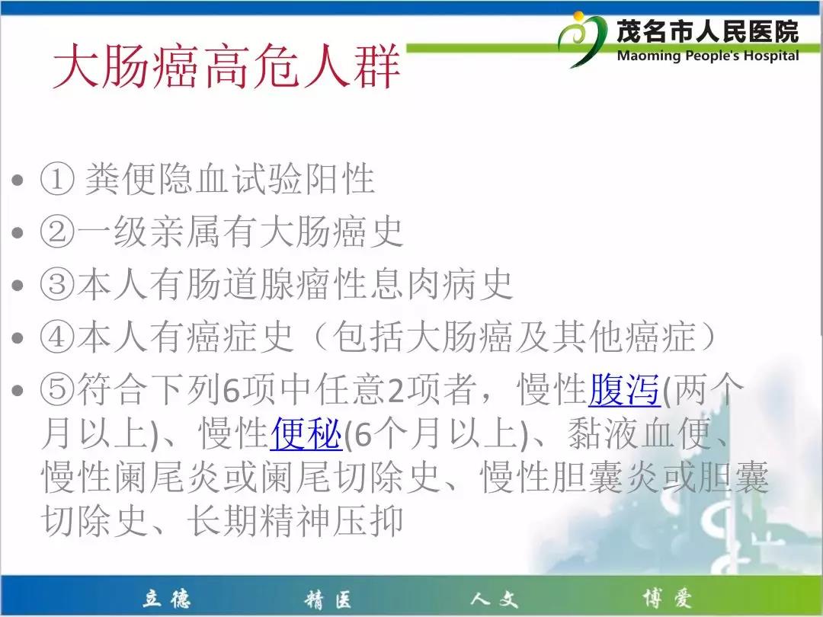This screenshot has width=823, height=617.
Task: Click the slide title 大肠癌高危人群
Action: [x=227, y=66]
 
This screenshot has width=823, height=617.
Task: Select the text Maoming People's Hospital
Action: [x=708, y=56]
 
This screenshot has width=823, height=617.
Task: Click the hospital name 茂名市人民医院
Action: [x=707, y=31]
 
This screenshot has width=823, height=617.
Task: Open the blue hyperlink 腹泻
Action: [x=624, y=390]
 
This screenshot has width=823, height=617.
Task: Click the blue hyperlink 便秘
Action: [x=306, y=433]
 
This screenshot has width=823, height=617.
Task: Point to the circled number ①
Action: [x=56, y=179]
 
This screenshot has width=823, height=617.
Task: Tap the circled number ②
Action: [x=56, y=232]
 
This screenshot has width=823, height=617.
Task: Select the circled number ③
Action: [x=56, y=284]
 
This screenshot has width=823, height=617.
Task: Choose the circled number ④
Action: [x=56, y=337]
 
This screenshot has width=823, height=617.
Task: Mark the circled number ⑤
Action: [x=56, y=390]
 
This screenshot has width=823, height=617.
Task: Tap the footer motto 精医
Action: [x=328, y=599]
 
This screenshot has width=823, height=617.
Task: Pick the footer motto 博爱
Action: [x=667, y=599]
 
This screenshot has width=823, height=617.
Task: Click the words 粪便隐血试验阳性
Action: [x=230, y=179]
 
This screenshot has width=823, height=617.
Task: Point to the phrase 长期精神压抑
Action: [x=296, y=520]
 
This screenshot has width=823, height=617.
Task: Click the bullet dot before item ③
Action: [x=18, y=286]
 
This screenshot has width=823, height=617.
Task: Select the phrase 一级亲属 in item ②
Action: [x=149, y=232]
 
